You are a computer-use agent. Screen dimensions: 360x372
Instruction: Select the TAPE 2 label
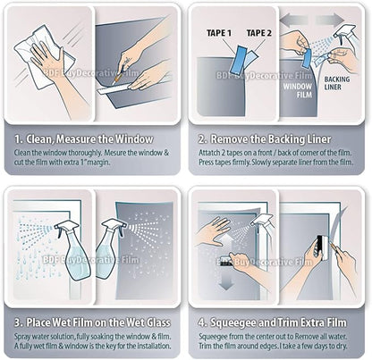pos(259,34)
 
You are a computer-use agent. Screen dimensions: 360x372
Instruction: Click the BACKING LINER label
pos(338,85)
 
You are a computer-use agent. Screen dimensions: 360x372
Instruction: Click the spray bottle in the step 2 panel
pos(343,40)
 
